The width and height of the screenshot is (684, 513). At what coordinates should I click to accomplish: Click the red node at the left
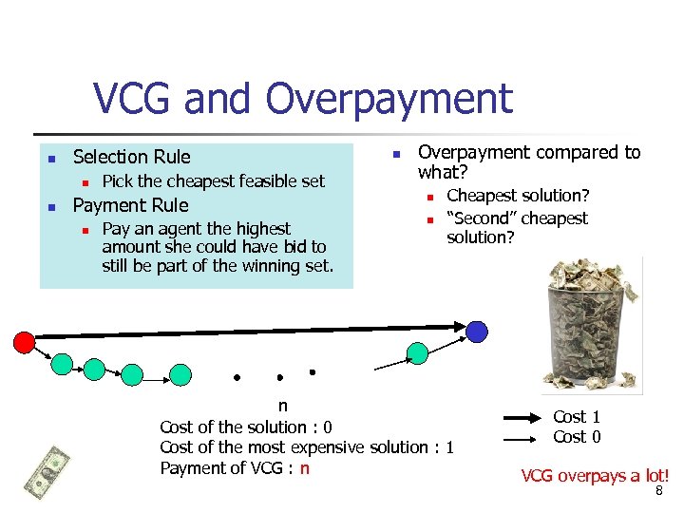[x=25, y=340]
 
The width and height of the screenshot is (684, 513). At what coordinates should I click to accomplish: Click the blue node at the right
[x=477, y=331]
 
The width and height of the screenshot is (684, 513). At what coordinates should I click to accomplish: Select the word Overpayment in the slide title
[x=389, y=99]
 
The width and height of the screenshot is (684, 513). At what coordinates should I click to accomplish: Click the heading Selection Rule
[x=131, y=157]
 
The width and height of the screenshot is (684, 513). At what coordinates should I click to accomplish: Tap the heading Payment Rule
[x=130, y=205]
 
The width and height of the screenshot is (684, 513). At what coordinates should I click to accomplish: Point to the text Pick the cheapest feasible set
[x=213, y=180]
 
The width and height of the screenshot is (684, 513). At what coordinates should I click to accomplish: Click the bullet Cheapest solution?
[x=518, y=196]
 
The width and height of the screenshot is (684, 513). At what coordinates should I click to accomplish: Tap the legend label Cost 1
[x=577, y=417]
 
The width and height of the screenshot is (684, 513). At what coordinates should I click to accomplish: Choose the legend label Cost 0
[x=577, y=437]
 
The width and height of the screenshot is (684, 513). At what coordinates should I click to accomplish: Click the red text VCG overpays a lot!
[x=595, y=475]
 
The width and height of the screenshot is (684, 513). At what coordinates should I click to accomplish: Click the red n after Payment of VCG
[x=304, y=467]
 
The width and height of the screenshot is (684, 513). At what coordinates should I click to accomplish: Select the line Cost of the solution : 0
[x=245, y=427]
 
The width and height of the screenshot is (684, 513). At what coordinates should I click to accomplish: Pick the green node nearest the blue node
[x=417, y=354]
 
